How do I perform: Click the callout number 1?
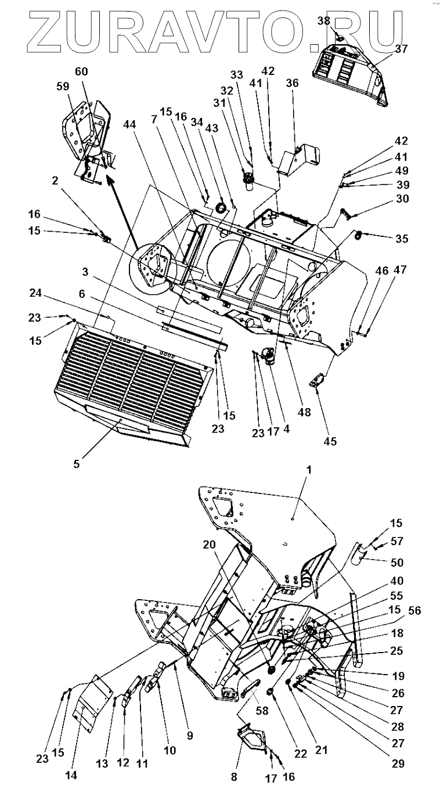[x=309, y=470]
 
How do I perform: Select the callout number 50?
[x=398, y=562]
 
